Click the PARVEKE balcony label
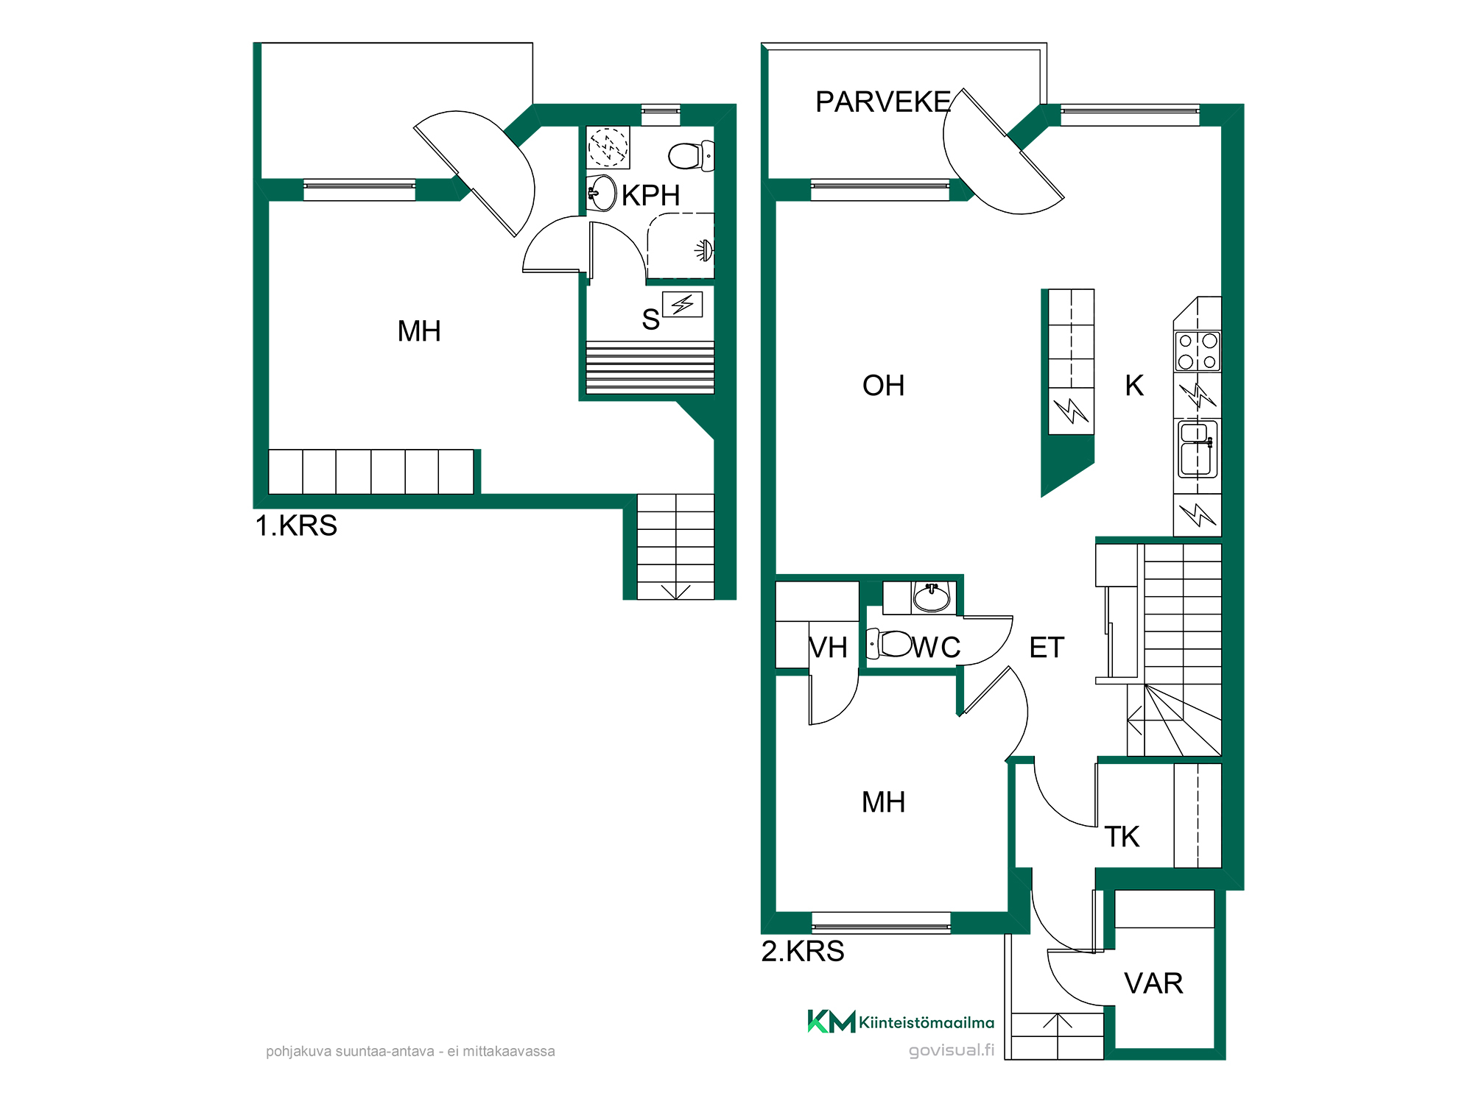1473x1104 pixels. point(883,102)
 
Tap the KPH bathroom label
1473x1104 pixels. point(650,196)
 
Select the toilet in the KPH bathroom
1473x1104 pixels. point(691,156)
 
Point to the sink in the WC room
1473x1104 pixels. point(932,596)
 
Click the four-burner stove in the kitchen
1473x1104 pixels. point(1198,351)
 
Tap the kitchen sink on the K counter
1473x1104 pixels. point(1198,449)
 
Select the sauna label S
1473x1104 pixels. point(650,319)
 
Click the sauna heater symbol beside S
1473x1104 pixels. point(682,304)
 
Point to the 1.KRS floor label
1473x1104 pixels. point(296,526)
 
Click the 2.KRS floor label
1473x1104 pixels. point(803,951)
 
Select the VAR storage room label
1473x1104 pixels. point(1153,983)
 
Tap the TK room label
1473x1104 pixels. point(1122,837)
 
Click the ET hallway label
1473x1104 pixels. point(1047,648)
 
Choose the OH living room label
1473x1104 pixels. point(883,386)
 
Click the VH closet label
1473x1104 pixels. point(828,648)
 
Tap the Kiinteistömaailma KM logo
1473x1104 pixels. point(901,1022)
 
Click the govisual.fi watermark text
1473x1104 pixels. point(952,1050)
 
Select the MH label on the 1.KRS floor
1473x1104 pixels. point(419,331)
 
